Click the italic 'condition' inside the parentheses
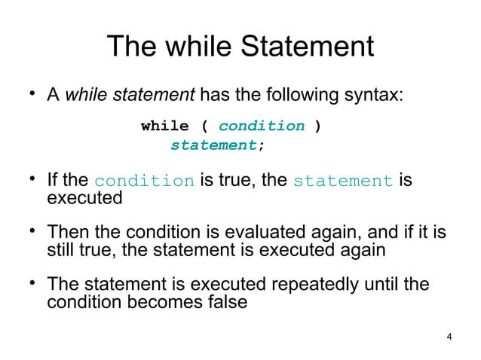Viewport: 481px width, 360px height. tap(262, 126)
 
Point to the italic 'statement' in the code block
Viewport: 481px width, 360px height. tap(213, 145)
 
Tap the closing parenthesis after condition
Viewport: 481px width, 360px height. tap(319, 126)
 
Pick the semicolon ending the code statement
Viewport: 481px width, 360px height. tap(261, 145)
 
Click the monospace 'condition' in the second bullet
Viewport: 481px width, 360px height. tap(144, 182)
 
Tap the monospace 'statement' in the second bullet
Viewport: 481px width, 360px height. tap(342, 182)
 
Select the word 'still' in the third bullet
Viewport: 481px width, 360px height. tap(61, 250)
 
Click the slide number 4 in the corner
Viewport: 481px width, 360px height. tap(449, 336)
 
